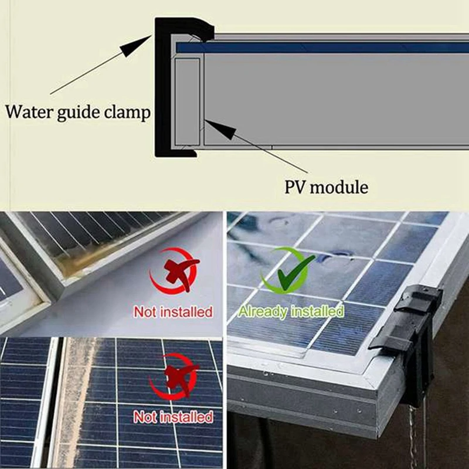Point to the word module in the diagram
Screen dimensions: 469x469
[340, 187]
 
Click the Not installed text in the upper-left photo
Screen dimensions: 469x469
[173, 311]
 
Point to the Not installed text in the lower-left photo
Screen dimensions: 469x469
[173, 417]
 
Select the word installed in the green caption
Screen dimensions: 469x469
[317, 311]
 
